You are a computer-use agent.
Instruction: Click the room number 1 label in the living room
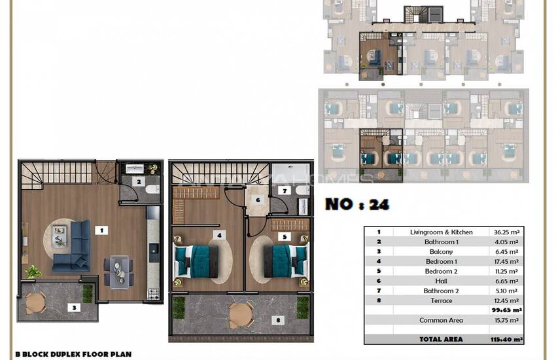point(101,230)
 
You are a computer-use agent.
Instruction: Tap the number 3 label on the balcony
point(75,306)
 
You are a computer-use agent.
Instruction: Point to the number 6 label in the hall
point(258,200)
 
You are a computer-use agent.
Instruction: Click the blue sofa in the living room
point(73,245)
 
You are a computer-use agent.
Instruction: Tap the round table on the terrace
point(239,312)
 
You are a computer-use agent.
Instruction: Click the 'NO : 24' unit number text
point(357,204)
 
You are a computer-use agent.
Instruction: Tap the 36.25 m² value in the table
point(504,232)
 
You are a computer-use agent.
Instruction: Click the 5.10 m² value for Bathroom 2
point(504,291)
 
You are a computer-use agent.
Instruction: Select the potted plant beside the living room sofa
point(32,271)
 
